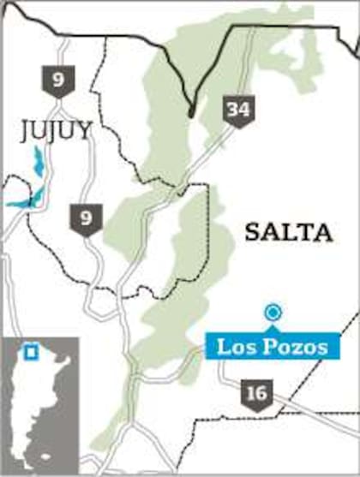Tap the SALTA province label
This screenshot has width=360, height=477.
287,231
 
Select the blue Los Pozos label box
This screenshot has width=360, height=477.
272,347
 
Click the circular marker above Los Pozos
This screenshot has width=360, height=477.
273,313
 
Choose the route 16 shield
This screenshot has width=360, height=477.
255,394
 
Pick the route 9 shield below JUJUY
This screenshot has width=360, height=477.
85,219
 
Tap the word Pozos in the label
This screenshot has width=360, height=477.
291,347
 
